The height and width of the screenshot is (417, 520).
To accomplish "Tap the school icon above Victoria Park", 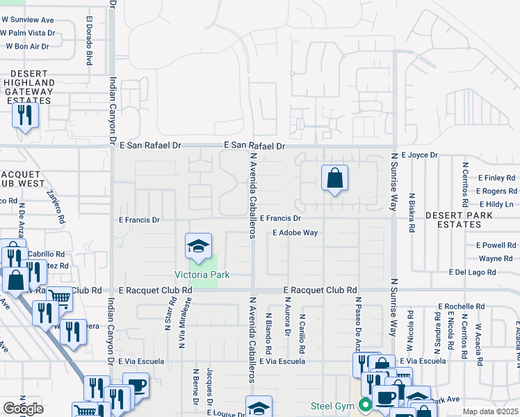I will [x=198, y=246].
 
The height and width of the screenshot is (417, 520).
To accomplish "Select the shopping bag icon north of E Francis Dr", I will [x=334, y=178].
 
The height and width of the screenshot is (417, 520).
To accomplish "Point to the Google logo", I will [x=23, y=408].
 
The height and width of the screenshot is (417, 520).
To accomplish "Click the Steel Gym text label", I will [x=333, y=406].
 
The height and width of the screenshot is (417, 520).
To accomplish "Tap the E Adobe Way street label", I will [x=295, y=233].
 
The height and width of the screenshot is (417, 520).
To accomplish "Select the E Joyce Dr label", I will [x=420, y=154].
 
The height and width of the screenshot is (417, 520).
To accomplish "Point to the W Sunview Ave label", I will [x=29, y=19].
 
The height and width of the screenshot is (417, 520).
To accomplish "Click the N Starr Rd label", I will [x=170, y=313].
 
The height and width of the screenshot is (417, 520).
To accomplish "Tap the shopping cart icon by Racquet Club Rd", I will [x=60, y=298].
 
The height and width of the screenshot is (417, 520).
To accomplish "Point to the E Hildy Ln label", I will [x=495, y=204].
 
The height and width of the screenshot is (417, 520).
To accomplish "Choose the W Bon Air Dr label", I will [x=27, y=47].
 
